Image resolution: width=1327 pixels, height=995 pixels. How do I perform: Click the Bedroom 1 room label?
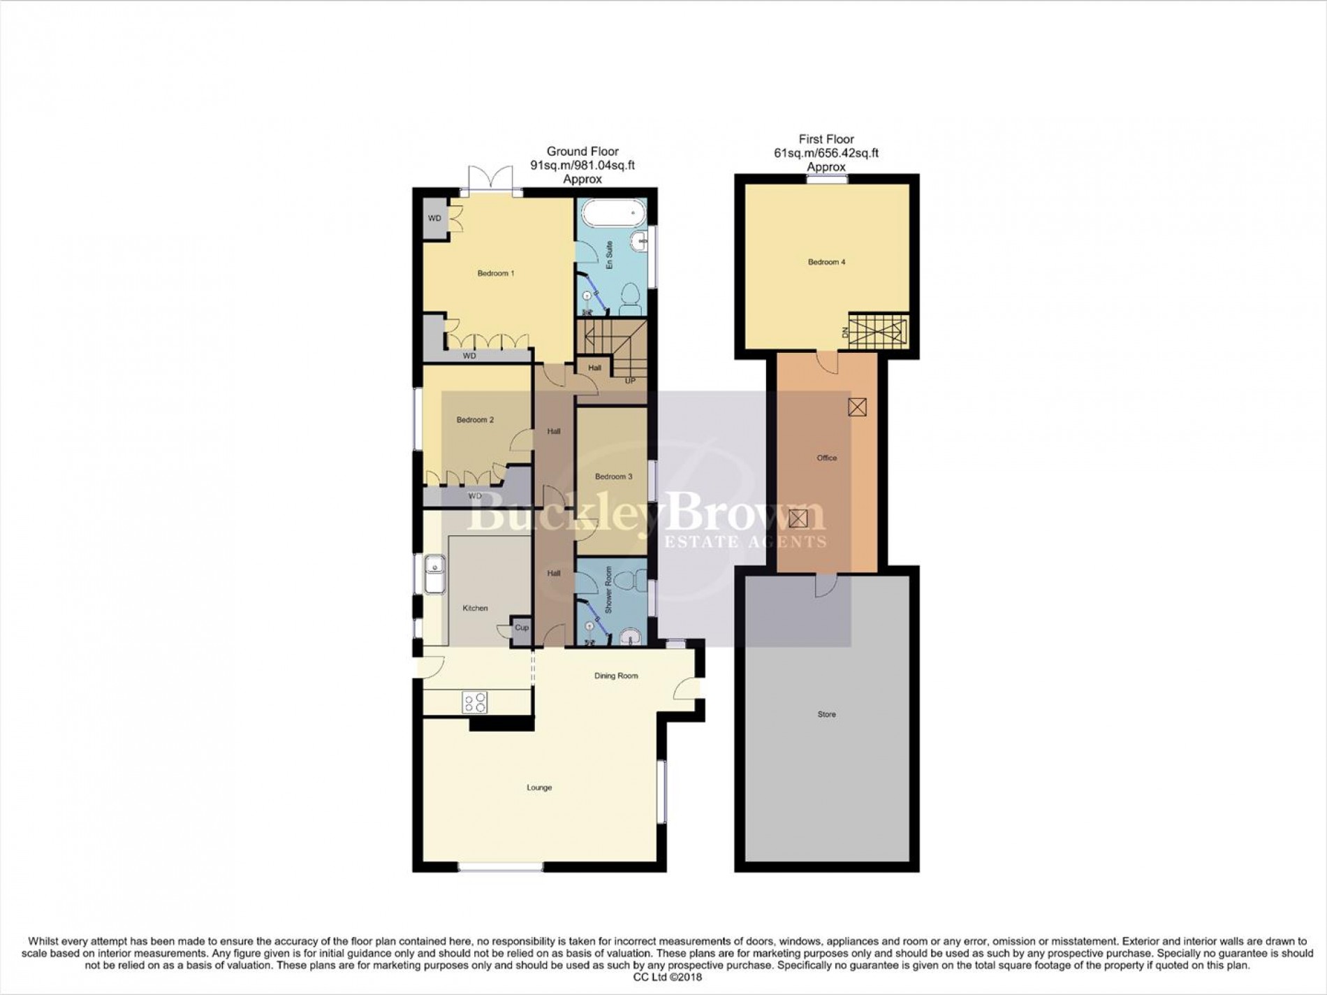click(496, 273)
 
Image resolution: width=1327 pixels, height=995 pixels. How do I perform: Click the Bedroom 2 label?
click(475, 420)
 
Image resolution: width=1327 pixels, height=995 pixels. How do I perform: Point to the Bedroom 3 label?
click(613, 477)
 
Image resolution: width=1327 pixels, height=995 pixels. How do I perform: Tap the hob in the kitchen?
click(475, 702)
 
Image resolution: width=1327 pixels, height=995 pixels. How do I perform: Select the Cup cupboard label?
click(522, 627)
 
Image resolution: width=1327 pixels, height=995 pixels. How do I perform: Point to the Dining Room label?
click(616, 676)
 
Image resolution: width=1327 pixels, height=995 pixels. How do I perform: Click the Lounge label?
click(539, 787)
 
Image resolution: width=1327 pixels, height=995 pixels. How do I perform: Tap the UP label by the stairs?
click(630, 381)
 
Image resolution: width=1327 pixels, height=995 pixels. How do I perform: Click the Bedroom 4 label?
click(826, 262)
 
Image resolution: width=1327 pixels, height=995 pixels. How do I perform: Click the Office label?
click(826, 458)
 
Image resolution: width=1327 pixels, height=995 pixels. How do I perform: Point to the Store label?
click(826, 714)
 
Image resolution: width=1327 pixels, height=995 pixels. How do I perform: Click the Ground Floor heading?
click(582, 151)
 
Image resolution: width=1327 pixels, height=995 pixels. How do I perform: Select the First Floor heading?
click(826, 139)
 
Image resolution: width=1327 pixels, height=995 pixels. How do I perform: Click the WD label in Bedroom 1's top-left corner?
click(434, 219)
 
